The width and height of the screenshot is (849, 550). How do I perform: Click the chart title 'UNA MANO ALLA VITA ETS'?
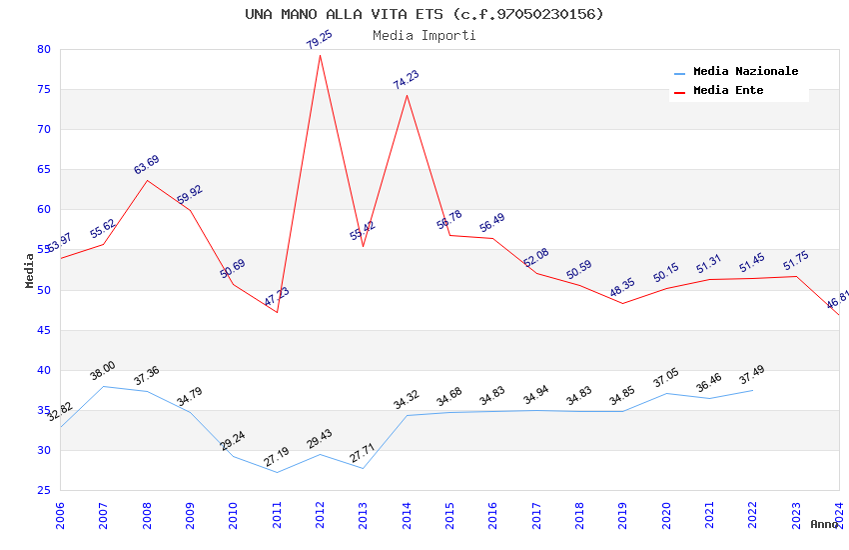(424, 14)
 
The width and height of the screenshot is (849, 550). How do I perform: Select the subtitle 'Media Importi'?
(424, 35)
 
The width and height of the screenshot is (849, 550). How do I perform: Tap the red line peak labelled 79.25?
(320, 54)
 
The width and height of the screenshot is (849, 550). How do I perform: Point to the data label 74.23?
(407, 80)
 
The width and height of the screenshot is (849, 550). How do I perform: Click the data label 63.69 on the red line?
(147, 165)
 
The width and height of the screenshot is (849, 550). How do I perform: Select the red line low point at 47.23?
(277, 312)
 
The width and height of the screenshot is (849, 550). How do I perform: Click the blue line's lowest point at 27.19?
(277, 472)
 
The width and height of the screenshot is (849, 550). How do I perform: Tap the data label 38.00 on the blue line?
(103, 371)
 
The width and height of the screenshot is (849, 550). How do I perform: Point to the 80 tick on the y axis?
(43, 49)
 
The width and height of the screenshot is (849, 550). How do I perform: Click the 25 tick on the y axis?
(43, 490)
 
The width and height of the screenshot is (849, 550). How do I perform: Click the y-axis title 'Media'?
(30, 270)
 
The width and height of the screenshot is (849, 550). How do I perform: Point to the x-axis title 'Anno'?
(824, 524)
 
